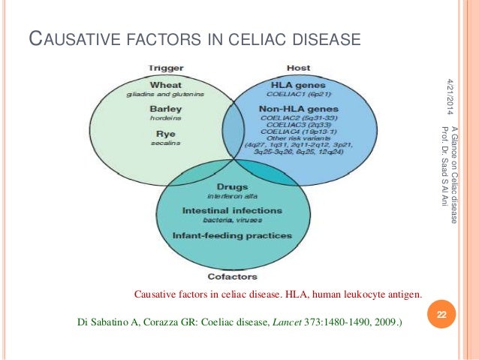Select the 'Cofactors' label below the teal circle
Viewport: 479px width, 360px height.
(231, 276)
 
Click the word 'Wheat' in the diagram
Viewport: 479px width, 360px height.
(166, 85)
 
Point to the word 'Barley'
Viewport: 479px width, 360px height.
(166, 109)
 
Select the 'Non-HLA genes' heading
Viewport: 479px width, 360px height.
(299, 109)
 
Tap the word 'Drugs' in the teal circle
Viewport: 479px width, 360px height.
(233, 186)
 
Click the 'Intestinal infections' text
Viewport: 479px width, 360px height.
(232, 210)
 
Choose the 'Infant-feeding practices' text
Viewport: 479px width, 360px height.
(232, 235)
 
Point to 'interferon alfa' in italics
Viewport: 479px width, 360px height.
(232, 196)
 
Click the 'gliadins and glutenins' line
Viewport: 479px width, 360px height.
(166, 95)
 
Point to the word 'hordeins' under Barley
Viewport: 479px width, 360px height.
(166, 119)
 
